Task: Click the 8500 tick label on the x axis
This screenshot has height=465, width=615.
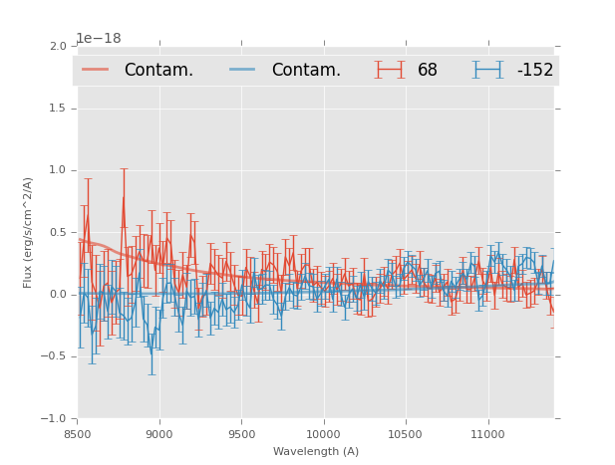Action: click(78, 434)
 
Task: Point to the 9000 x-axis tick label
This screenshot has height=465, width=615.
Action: click(159, 434)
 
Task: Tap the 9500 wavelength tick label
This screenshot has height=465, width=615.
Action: click(241, 434)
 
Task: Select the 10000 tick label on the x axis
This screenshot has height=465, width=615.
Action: click(323, 434)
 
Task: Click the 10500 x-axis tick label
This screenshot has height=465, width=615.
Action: click(405, 434)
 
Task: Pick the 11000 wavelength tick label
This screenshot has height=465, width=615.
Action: click(487, 434)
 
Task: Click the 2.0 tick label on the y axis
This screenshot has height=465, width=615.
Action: click(58, 47)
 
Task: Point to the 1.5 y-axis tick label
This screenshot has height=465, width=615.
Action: click(58, 109)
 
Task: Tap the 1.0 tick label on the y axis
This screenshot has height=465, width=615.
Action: click(58, 170)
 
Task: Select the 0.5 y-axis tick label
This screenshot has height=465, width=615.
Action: click(58, 233)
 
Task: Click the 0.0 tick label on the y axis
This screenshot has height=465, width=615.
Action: click(58, 295)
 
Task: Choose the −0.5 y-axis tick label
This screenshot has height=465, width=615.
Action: click(55, 356)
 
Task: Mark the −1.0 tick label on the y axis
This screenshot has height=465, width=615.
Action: click(55, 419)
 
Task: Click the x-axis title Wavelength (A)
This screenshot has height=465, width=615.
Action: click(316, 452)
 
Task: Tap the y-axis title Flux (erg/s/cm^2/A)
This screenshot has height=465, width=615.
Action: click(29, 233)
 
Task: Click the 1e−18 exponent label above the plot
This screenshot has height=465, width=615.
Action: click(99, 39)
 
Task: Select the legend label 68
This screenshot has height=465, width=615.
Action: click(428, 71)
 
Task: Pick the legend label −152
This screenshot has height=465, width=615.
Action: click(534, 71)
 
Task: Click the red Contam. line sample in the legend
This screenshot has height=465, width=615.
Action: click(96, 70)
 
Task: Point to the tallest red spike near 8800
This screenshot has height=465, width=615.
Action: click(124, 169)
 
